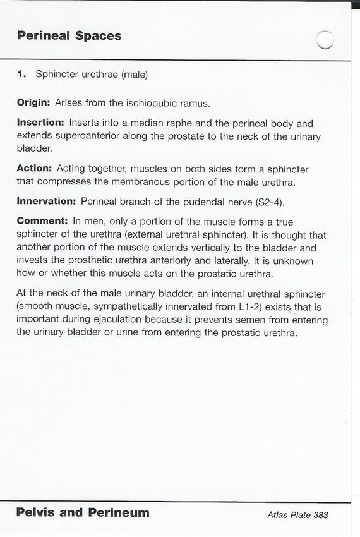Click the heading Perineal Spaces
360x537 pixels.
pos(69,36)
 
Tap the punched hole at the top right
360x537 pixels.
pos(325,40)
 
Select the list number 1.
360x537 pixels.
pos(22,74)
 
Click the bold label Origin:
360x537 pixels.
pos(33,102)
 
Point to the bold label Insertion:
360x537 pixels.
pos(40,124)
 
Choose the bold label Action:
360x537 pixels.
pos(35,169)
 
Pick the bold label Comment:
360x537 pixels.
pos(42,222)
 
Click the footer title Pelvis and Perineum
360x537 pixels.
pos(83,512)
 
